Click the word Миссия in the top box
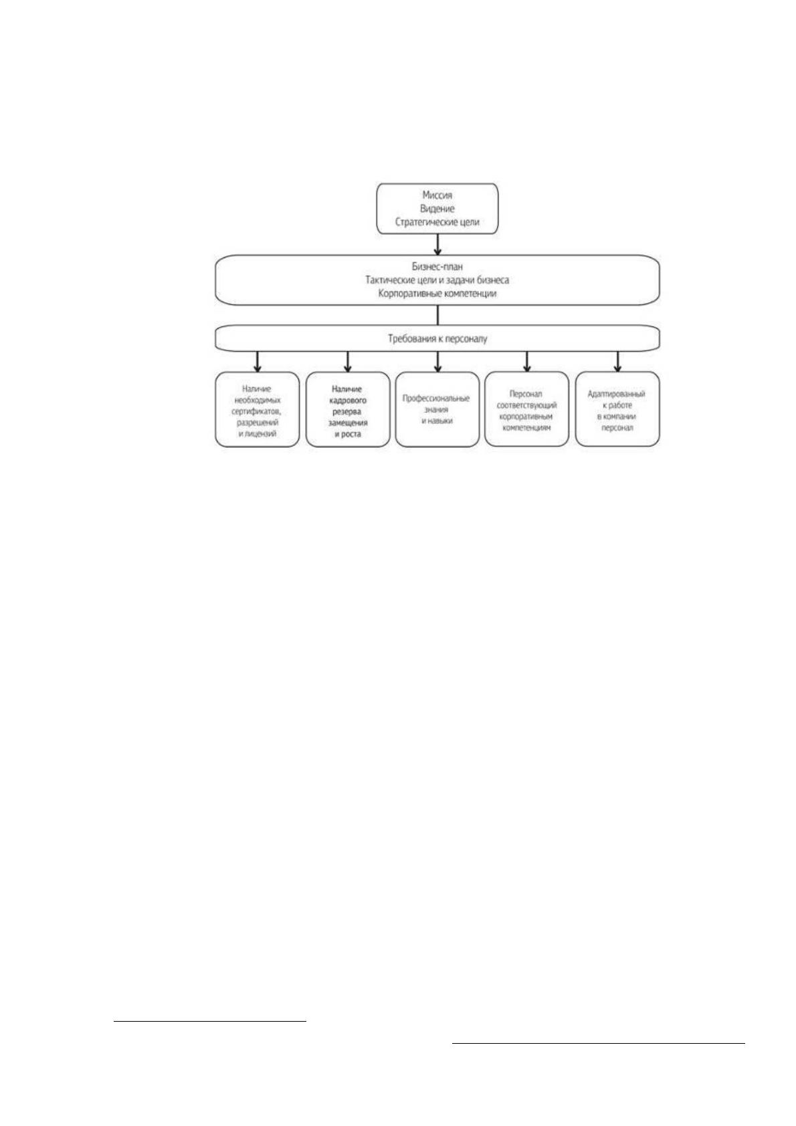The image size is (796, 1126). pos(437,195)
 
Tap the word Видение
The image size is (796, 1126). pos(437,209)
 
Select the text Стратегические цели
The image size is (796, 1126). pos(437,222)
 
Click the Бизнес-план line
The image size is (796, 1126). pos(437,267)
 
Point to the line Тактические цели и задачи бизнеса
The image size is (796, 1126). pos(437,280)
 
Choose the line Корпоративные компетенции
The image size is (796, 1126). pos(437,294)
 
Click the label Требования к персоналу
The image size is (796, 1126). pos(437,339)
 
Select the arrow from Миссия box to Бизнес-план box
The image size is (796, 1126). pos(437,244)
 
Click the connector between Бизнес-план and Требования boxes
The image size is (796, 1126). pos(437,315)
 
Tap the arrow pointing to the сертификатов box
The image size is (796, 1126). pos(258,362)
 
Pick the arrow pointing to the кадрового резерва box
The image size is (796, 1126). pos(347,362)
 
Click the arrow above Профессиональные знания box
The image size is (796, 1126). pos(437,362)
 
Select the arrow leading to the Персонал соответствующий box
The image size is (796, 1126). pos(527,362)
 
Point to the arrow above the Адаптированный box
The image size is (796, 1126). pos(617,362)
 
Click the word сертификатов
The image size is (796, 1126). pos(256,412)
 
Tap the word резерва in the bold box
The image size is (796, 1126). pos(347,412)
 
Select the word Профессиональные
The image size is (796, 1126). pos(436,399)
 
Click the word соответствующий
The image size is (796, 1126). pos(526,405)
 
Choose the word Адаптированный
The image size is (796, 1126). pos(617,394)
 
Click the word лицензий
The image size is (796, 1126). pos(262,434)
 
